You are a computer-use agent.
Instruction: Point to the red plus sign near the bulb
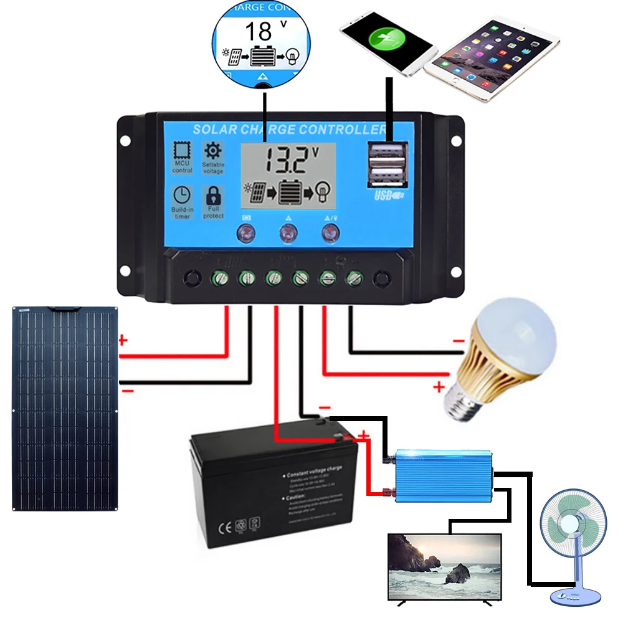point(439,387)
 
